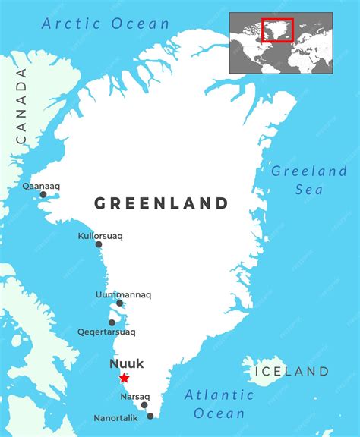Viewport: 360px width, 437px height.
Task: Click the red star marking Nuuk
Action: coord(124,378)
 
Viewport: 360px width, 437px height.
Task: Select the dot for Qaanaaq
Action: coord(43,195)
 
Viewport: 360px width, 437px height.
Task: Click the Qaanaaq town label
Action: coord(41,185)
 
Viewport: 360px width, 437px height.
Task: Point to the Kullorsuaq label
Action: coord(100,236)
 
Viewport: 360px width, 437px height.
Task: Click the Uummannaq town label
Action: coord(124,294)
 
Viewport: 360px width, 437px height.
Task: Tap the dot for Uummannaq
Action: coord(119,303)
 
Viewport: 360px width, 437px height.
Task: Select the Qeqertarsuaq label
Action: coord(106,332)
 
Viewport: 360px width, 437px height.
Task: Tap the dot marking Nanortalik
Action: coord(150,416)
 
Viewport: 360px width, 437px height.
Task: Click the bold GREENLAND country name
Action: coord(161,203)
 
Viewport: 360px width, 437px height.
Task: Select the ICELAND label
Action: coord(292,371)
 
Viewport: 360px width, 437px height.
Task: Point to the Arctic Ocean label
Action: coord(106,24)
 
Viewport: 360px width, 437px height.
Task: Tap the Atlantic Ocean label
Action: coord(219,404)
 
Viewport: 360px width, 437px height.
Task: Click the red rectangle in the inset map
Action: coord(277,30)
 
